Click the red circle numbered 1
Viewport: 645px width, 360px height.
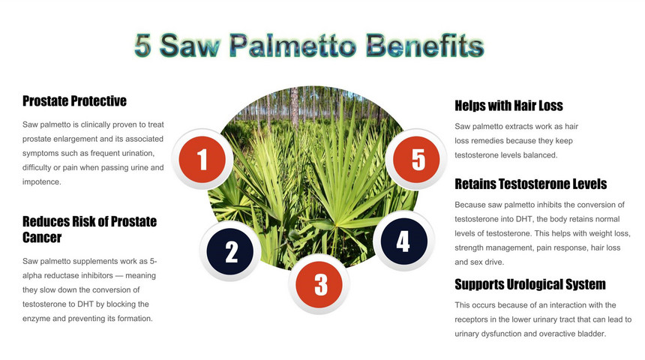[202, 159]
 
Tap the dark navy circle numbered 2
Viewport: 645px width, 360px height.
[230, 251]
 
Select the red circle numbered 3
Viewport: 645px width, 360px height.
[319, 284]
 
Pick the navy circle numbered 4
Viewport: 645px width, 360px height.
[404, 241]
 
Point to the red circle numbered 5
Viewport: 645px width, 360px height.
[416, 159]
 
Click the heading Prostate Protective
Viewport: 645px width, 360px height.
[74, 100]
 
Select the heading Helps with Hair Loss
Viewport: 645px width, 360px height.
[508, 106]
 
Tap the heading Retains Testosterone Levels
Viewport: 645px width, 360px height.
[531, 184]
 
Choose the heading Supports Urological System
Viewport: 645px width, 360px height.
[530, 284]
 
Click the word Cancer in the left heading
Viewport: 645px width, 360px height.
[42, 238]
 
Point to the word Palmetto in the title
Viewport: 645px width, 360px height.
[293, 46]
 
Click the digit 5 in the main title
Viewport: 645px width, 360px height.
[142, 46]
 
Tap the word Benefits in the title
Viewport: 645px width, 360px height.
[425, 46]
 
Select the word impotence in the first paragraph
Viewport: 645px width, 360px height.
[41, 181]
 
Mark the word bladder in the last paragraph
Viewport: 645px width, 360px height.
[592, 334]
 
